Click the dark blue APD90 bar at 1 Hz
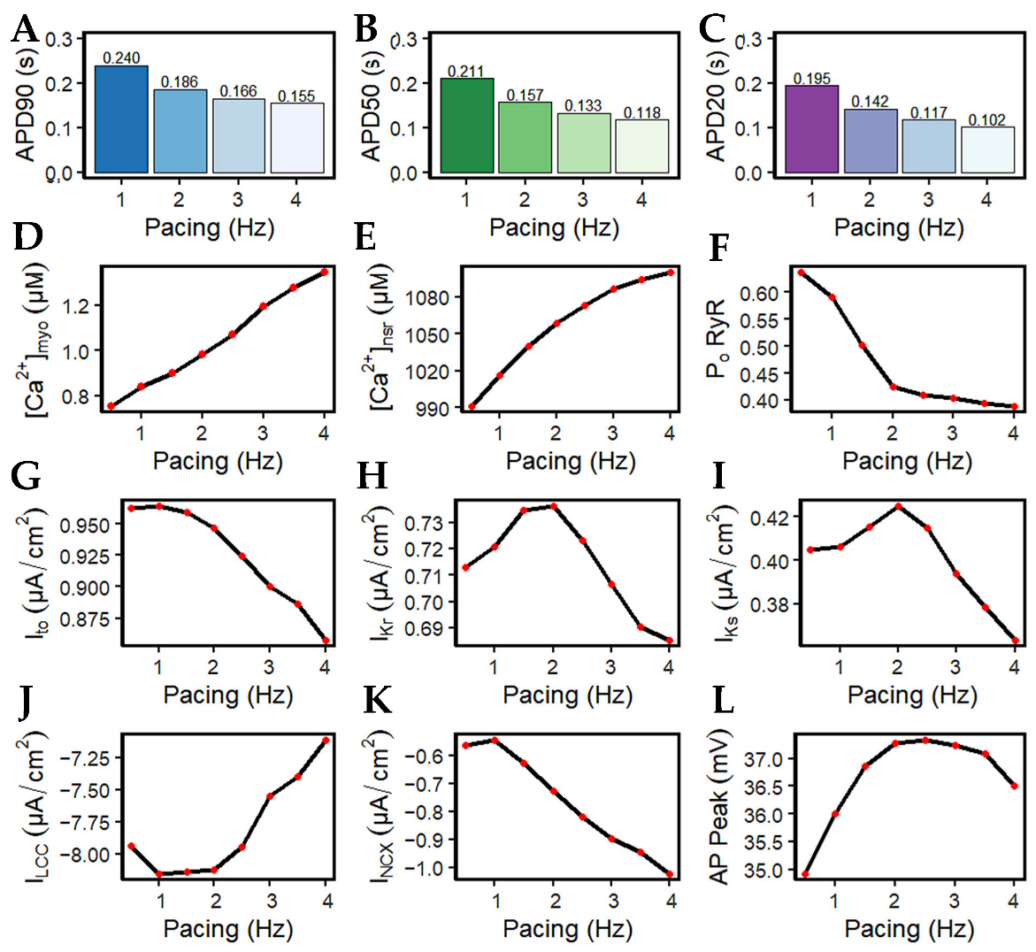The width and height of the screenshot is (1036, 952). (121, 119)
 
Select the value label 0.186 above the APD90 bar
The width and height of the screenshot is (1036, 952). (180, 82)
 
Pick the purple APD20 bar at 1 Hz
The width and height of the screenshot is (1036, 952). (811, 129)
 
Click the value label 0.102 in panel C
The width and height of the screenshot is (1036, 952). (986, 120)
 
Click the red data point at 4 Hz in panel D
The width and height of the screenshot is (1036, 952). (325, 272)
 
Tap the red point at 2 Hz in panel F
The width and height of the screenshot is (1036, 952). (893, 387)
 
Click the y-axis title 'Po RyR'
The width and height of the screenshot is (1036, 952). (716, 339)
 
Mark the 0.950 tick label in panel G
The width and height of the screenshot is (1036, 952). (85, 526)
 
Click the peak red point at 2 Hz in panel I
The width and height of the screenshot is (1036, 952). (898, 506)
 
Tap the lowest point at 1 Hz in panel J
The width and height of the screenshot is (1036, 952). (159, 874)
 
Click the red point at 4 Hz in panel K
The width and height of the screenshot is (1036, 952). (670, 874)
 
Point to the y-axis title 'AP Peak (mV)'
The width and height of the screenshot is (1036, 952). (719, 806)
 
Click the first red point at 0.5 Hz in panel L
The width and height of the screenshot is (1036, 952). (804, 874)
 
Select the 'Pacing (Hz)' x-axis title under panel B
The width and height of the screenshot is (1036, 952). (554, 227)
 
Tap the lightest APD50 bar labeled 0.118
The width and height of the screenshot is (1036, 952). (641, 146)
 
